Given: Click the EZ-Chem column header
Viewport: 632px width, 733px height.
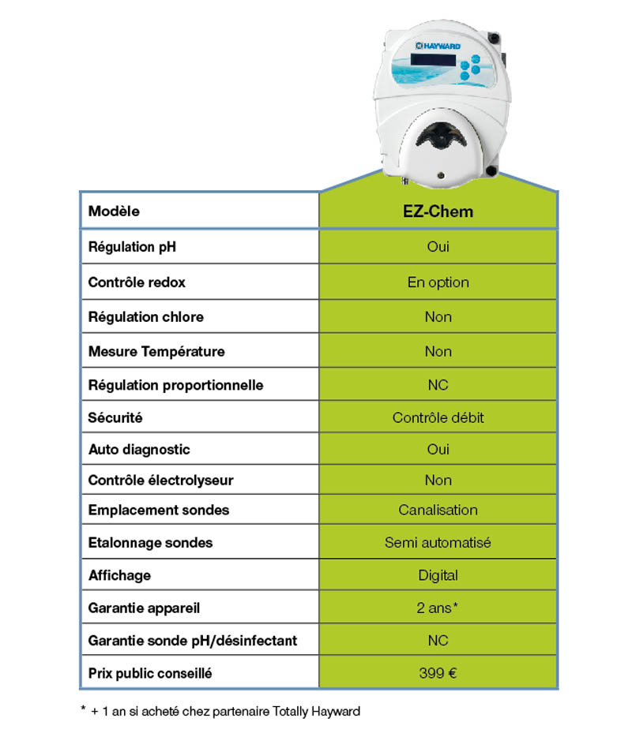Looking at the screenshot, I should tap(438, 211).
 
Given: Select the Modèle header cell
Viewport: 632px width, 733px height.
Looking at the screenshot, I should tap(114, 211).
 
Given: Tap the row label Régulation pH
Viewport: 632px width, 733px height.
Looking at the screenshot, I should tap(132, 247).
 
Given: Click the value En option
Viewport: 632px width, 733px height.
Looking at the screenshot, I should tap(438, 282).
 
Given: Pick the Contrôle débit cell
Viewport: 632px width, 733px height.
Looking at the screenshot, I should tap(438, 417).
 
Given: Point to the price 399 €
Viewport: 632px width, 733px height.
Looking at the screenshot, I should tap(438, 674).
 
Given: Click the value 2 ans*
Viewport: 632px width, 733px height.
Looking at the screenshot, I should tap(438, 609).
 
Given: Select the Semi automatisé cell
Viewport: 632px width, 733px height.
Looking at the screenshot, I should tap(438, 543).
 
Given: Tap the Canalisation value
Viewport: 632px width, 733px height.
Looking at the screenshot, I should tap(438, 510).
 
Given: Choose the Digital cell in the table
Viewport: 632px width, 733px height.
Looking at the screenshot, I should tap(438, 575).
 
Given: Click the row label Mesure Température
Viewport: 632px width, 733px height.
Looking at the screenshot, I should tap(156, 351).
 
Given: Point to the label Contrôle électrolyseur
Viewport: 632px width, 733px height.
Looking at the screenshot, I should tap(160, 480).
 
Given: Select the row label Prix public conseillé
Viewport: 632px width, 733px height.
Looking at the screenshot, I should tap(150, 674).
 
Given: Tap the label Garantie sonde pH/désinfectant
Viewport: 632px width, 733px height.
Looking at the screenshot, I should tap(193, 641).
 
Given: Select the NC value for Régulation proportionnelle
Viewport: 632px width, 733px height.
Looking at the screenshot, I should tap(438, 385).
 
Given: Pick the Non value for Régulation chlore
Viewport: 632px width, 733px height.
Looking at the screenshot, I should tap(438, 317).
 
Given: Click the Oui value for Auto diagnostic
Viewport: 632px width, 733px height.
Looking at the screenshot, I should tap(438, 449).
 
